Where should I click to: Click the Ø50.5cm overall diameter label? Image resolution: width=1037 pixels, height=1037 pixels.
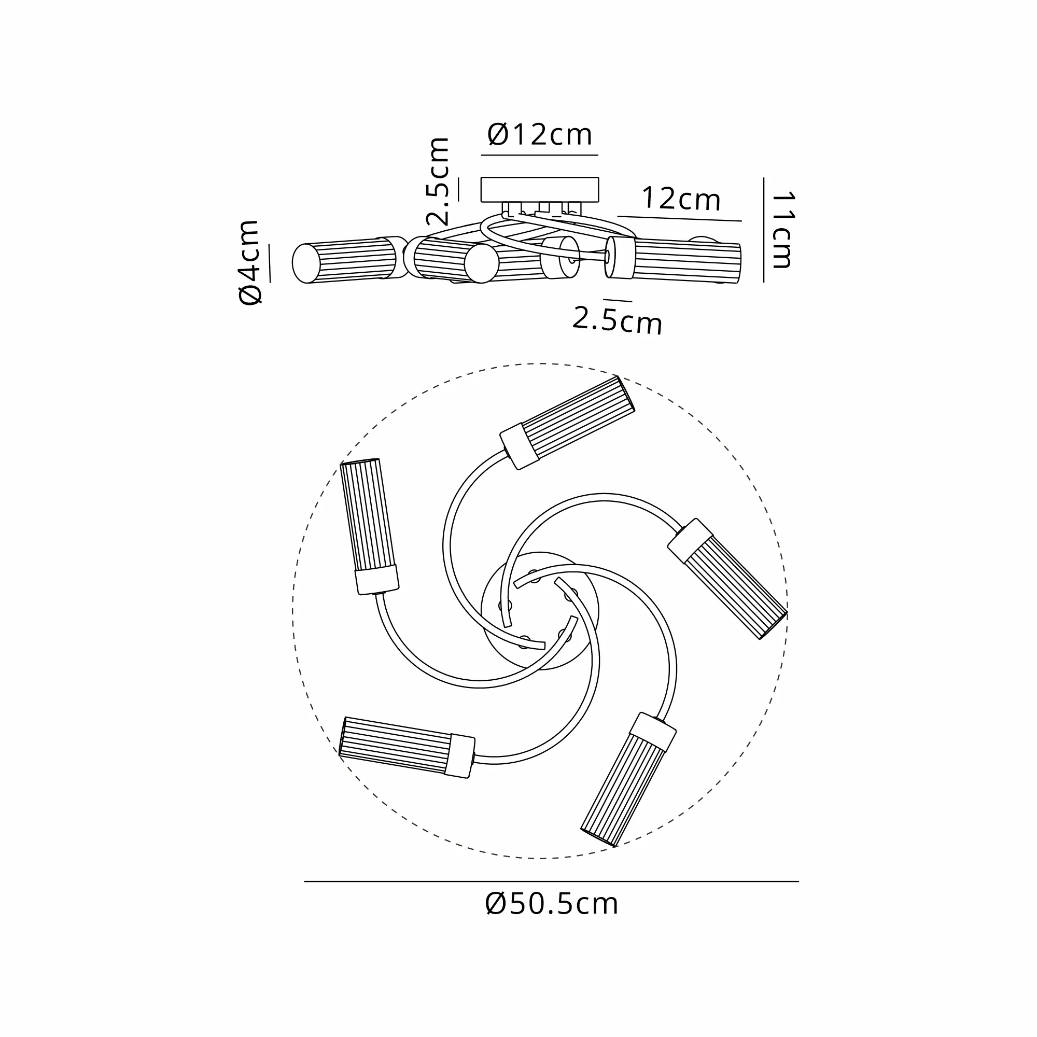click(x=551, y=903)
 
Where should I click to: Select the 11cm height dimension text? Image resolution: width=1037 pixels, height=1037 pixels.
click(x=782, y=230)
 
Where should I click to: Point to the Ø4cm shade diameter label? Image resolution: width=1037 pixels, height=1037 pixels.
click(x=249, y=262)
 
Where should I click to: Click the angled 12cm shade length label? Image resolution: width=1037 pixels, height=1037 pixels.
click(x=681, y=199)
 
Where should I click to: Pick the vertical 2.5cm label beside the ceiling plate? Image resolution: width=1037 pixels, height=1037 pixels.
click(x=438, y=181)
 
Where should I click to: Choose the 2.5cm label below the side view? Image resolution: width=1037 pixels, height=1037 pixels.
click(x=617, y=320)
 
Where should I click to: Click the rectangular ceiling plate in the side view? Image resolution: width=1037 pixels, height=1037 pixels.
click(x=539, y=189)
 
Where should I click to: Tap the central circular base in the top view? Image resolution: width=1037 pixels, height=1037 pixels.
click(x=540, y=611)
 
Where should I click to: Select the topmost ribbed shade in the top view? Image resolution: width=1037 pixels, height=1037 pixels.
click(x=567, y=423)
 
